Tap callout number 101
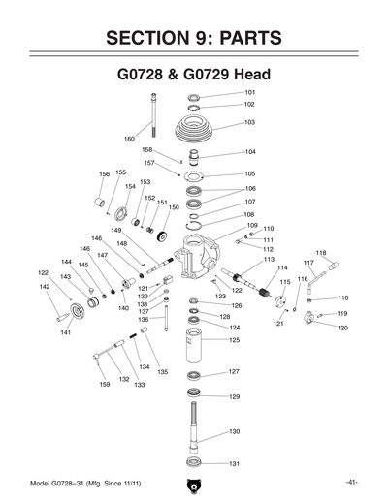pyautogui.click(x=249, y=92)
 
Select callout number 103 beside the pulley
pyautogui.click(x=249, y=123)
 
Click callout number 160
pyautogui.click(x=129, y=139)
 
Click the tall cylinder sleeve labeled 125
pyautogui.click(x=193, y=345)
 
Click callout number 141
pyautogui.click(x=66, y=332)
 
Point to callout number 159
pyautogui.click(x=104, y=386)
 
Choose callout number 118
pyautogui.click(x=320, y=253)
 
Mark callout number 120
pyautogui.click(x=342, y=328)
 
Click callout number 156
pyautogui.click(x=104, y=173)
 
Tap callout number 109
pyautogui.click(x=251, y=225)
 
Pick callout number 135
pyautogui.click(x=163, y=372)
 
